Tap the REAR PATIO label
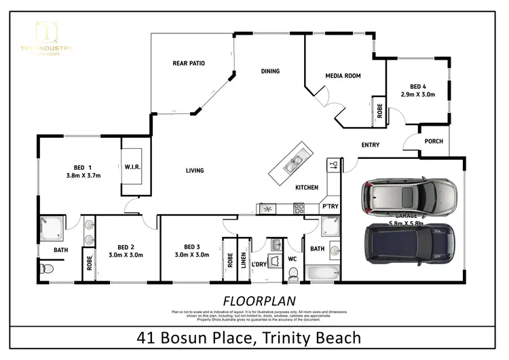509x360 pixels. [x=188, y=63]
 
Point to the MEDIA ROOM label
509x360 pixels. [x=342, y=75]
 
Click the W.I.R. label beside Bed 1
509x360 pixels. [x=132, y=166]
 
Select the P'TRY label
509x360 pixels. [x=330, y=206]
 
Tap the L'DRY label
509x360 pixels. [x=259, y=264]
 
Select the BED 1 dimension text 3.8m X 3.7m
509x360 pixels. [x=83, y=175]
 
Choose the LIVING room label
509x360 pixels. [x=195, y=170]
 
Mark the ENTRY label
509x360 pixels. [x=370, y=145]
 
